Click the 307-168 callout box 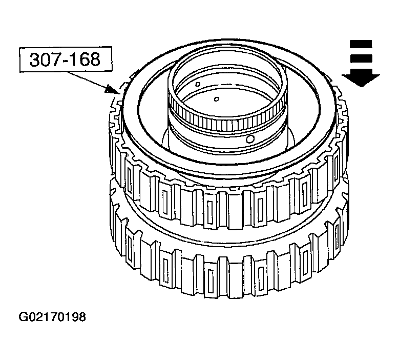point(66,59)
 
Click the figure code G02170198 point(52,317)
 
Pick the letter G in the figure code point(23,317)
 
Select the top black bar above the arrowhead point(361,44)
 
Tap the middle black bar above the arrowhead point(361,58)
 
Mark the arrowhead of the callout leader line point(112,89)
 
